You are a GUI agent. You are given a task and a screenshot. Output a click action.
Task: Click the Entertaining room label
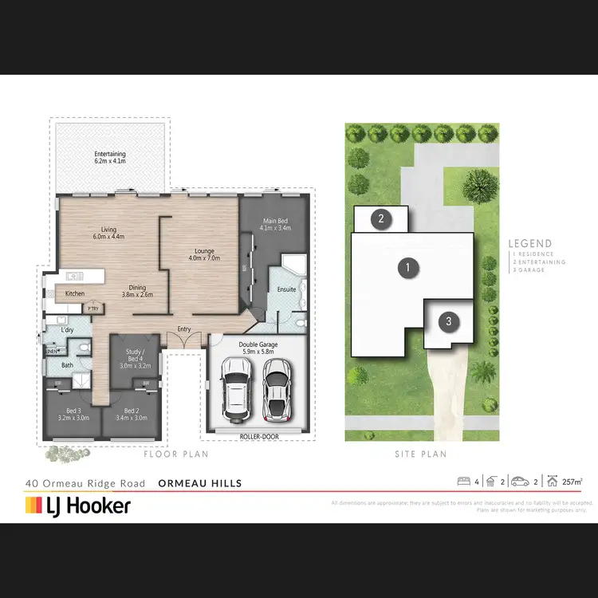coord(110,157)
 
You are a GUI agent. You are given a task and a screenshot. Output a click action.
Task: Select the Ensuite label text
coord(286,289)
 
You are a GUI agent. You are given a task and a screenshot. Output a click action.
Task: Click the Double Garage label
coord(256,348)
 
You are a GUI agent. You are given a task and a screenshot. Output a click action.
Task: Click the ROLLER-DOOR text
coord(256,437)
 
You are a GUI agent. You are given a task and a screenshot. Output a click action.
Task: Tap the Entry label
coord(184,329)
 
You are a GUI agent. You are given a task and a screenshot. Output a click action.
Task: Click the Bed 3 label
coord(73,413)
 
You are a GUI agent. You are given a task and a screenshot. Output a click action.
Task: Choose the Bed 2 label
coord(132,413)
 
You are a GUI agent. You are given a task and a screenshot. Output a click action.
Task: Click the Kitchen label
coord(74,294)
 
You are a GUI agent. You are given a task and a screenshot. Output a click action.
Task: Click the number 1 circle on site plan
coord(408,267)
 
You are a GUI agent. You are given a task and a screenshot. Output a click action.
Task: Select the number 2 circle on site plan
coord(381,218)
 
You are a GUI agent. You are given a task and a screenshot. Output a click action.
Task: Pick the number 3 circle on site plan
coord(449,321)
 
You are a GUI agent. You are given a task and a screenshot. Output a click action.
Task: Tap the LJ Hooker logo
coord(78,505)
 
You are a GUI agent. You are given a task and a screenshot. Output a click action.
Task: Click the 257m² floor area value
coord(572,482)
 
